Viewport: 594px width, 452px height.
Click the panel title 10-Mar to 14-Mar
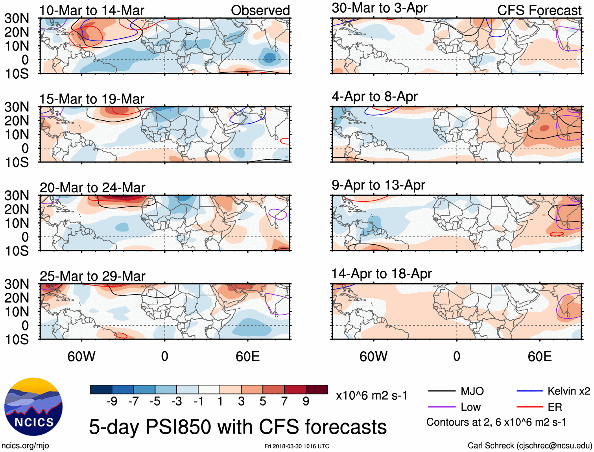pos(92,11)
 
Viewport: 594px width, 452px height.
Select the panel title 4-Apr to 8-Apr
pos(374,96)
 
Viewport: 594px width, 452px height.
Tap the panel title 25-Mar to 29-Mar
pos(92,276)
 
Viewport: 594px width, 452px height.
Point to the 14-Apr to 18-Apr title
pos(382,273)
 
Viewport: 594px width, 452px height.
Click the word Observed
pos(260,11)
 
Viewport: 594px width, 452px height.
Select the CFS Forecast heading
pos(539,11)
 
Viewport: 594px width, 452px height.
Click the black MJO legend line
pos(441,391)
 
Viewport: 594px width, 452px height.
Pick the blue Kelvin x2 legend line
pos(529,391)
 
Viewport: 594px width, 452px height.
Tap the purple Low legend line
pos(441,407)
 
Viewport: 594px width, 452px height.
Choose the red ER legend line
pos(529,407)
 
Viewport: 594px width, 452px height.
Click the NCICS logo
pos(33,407)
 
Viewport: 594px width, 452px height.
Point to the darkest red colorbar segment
pos(317,389)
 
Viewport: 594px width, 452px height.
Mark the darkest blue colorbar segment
pos(101,389)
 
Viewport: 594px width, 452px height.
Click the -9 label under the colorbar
pos(112,401)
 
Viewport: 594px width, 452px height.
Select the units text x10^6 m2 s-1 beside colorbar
pos(371,395)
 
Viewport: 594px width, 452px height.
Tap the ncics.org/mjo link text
pos(25,446)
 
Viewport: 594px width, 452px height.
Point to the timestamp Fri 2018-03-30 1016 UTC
pos(297,446)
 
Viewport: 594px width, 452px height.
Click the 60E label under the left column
pos(247,356)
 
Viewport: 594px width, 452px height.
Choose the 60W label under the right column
pos(373,356)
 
